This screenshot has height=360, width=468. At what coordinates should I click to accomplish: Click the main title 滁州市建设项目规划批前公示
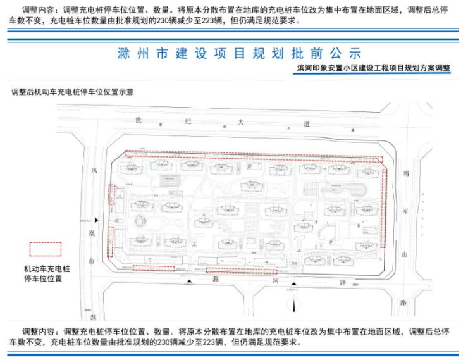pyautogui.click(x=238, y=53)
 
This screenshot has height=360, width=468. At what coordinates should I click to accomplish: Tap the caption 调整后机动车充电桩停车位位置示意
pyautogui.click(x=72, y=92)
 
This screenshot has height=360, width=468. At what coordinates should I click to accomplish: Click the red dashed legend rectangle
pyautogui.click(x=46, y=249)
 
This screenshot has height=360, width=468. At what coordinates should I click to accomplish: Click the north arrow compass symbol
pyautogui.click(x=294, y=306)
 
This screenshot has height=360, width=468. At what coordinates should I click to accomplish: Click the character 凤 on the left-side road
pyautogui.click(x=93, y=170)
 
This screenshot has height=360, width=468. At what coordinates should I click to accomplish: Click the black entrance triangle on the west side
pyautogui.click(x=96, y=220)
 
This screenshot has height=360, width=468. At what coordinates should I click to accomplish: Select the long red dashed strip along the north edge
pyautogui.click(x=254, y=155)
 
